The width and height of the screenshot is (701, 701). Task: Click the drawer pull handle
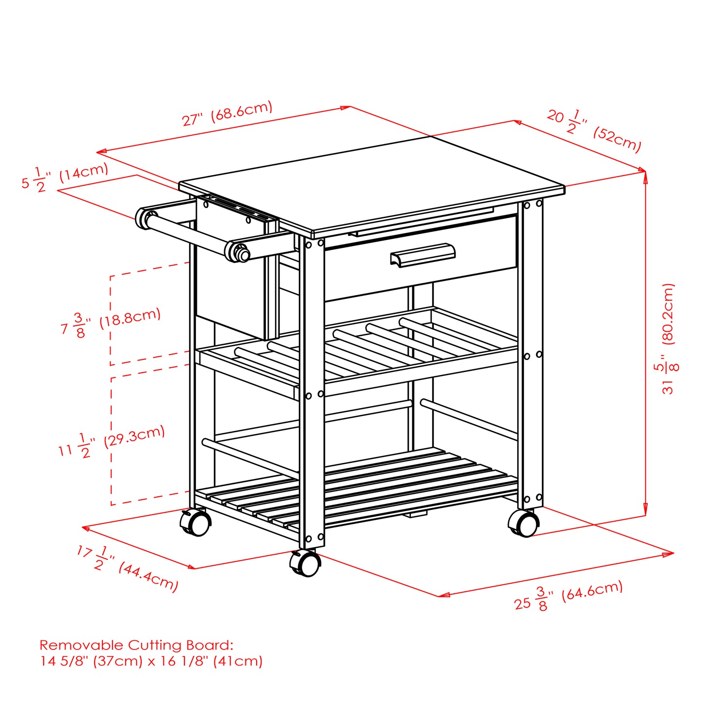pyautogui.click(x=423, y=255)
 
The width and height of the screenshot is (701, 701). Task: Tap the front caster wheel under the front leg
pyautogui.click(x=306, y=564)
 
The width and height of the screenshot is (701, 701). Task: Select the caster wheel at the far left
pyautogui.click(x=196, y=523)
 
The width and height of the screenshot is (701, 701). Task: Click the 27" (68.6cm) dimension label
pyautogui.click(x=227, y=114)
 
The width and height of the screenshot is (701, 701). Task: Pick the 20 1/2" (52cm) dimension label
pyautogui.click(x=594, y=130)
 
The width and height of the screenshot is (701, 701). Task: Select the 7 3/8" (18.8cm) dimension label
pyautogui.click(x=111, y=323)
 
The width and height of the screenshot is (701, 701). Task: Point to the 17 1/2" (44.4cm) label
pyautogui.click(x=127, y=568)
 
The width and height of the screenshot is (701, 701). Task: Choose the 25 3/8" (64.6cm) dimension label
pyautogui.click(x=568, y=596)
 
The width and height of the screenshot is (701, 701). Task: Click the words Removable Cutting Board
pyautogui.click(x=136, y=645)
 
